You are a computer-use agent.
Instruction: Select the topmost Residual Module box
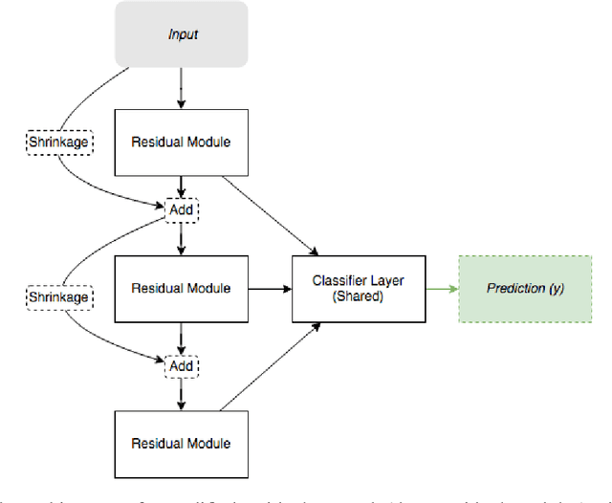(x=181, y=142)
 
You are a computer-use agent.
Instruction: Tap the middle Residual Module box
(x=181, y=287)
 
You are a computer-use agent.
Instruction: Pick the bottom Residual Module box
(x=181, y=443)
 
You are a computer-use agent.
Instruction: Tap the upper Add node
(x=182, y=209)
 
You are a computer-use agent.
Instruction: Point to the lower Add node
(x=182, y=365)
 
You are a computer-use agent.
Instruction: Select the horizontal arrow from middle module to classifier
(x=270, y=288)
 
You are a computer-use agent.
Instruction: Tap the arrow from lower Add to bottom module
(x=181, y=395)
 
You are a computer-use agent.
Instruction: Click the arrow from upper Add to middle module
(x=181, y=238)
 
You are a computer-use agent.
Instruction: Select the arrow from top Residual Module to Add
(x=181, y=187)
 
